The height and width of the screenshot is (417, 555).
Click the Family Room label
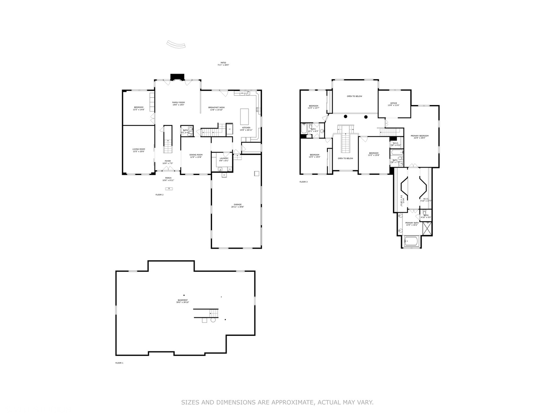pos(178,103)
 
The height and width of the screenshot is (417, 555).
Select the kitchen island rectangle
pos(244,115)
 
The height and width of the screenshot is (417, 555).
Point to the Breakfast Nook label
pos(216,107)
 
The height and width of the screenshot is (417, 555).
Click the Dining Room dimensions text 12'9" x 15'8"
pos(196,157)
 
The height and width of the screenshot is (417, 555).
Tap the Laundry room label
pos(224,158)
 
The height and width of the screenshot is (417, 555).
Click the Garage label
pos(237,205)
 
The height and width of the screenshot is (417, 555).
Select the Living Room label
pos(139,149)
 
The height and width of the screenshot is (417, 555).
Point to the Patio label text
pos(223,63)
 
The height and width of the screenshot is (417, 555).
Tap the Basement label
pos(183,300)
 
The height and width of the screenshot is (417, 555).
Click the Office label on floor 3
pos(394,103)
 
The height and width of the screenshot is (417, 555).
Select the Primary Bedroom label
pos(419,136)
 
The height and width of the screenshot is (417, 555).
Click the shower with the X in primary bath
pos(427,229)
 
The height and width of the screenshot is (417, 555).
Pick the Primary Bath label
pos(412,223)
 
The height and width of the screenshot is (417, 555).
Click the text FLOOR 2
pos(160,195)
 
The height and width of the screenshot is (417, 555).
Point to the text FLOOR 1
pos(119,363)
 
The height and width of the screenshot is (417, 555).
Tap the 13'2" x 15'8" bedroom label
pos(373,153)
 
